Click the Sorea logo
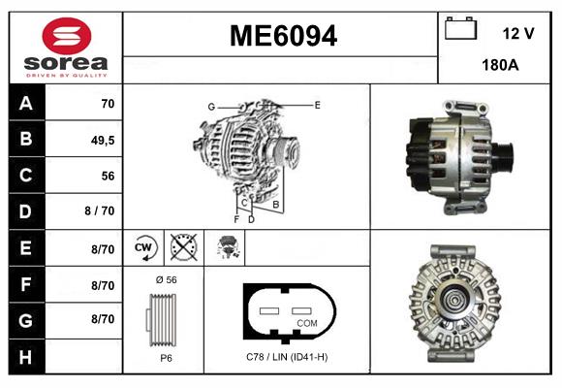pyautogui.click(x=66, y=48)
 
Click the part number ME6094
pyautogui.click(x=282, y=36)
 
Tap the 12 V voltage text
pyautogui.click(x=518, y=33)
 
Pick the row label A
pyautogui.click(x=25, y=103)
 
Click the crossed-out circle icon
pyautogui.click(x=181, y=248)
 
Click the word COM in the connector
pyautogui.click(x=307, y=322)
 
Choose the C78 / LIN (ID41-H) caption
pyautogui.click(x=287, y=357)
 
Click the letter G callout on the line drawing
pyautogui.click(x=210, y=106)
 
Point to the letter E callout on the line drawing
pyautogui.click(x=317, y=104)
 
